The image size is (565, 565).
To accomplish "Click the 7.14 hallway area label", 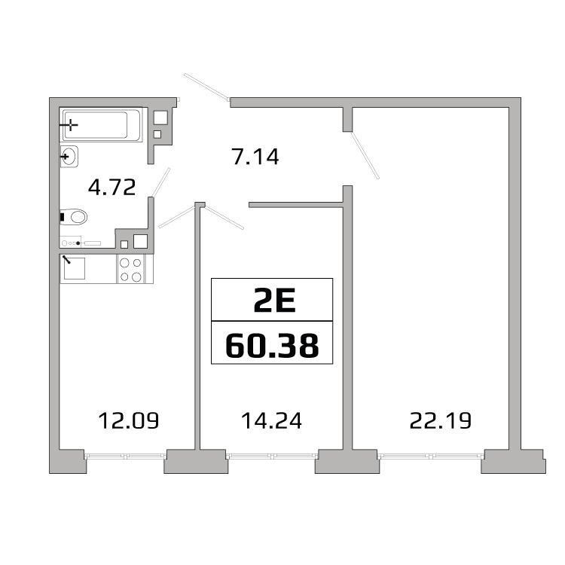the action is [x=255, y=157].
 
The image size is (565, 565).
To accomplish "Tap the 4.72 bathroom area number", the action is [x=112, y=187].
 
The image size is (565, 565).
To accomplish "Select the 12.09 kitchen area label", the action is [x=129, y=420].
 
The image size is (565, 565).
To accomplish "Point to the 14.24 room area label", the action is [x=271, y=420].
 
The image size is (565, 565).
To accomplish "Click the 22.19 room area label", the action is [x=441, y=420].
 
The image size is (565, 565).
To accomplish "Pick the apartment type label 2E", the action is [x=274, y=301].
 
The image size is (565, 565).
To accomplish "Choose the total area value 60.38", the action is [x=272, y=345].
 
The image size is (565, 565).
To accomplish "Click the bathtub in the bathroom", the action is [x=101, y=125].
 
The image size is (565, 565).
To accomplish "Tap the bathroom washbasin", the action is [x=69, y=157].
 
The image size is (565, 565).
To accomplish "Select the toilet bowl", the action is [x=74, y=217].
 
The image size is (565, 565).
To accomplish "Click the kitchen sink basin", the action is [x=75, y=268].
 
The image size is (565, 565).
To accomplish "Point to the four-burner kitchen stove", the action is [x=130, y=269].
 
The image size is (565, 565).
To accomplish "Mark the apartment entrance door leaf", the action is [x=206, y=87].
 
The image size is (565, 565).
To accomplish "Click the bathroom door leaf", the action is [x=160, y=182].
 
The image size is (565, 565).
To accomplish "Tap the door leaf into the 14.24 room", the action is [x=224, y=217].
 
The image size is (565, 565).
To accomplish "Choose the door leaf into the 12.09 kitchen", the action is [x=176, y=217].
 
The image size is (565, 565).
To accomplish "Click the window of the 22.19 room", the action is [x=431, y=457].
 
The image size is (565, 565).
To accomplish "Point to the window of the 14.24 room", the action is [x=272, y=457].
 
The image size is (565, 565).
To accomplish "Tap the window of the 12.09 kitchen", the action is [x=125, y=457].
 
